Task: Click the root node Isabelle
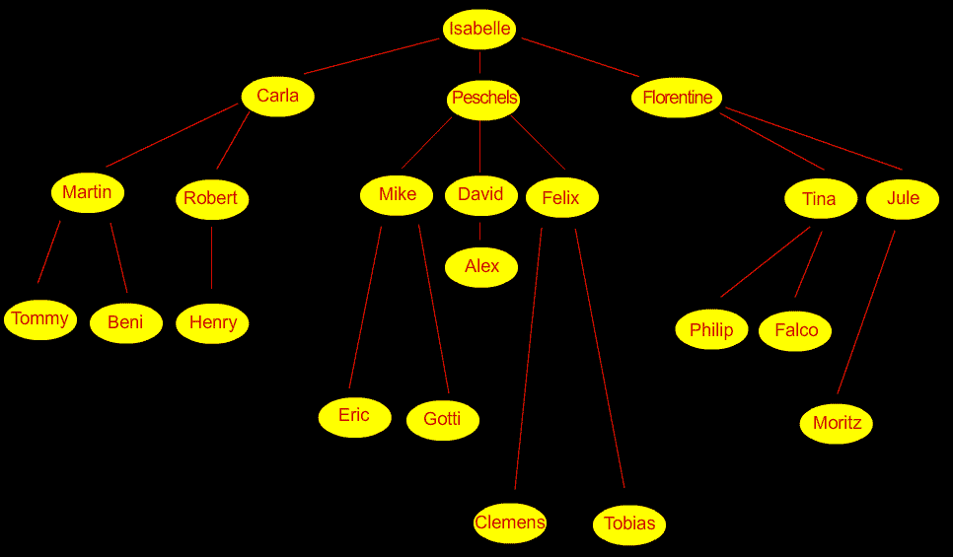pyautogui.click(x=479, y=29)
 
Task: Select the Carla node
pyautogui.click(x=277, y=97)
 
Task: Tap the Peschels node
pyautogui.click(x=483, y=99)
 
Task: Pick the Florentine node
pyautogui.click(x=677, y=98)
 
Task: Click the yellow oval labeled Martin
pyautogui.click(x=87, y=193)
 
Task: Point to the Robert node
pyautogui.click(x=211, y=199)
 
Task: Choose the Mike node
pyautogui.click(x=397, y=195)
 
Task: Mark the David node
pyautogui.click(x=480, y=195)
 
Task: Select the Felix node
pyautogui.click(x=561, y=199)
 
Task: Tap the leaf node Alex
pyautogui.click(x=481, y=266)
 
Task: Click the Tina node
pyautogui.click(x=820, y=199)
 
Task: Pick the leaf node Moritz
pyautogui.click(x=837, y=424)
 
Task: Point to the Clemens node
pyautogui.click(x=510, y=522)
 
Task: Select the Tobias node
pyautogui.click(x=629, y=524)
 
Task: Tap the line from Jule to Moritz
pyautogui.click(x=866, y=312)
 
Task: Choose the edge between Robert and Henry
pyautogui.click(x=211, y=259)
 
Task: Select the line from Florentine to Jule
pyautogui.click(x=813, y=139)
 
